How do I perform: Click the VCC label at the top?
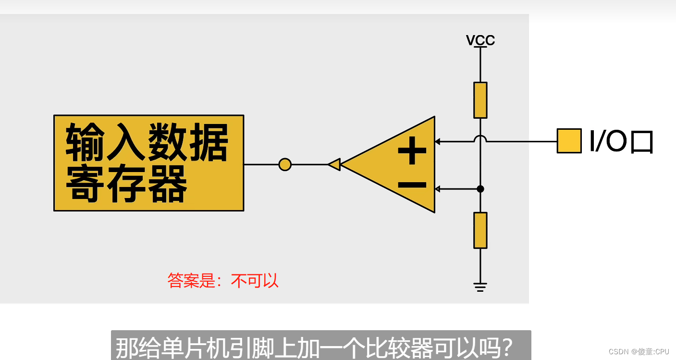pyautogui.click(x=480, y=40)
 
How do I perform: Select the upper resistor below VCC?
pyautogui.click(x=480, y=100)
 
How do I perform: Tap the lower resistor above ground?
pyautogui.click(x=480, y=230)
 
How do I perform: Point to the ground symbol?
pyautogui.click(x=480, y=287)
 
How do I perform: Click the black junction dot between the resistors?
pyautogui.click(x=480, y=189)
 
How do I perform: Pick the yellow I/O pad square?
pyautogui.click(x=569, y=141)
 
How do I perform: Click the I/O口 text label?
pyautogui.click(x=621, y=141)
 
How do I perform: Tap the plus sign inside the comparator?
pyautogui.click(x=412, y=151)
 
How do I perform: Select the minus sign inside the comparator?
pyautogui.click(x=412, y=185)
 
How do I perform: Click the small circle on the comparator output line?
pyautogui.click(x=285, y=164)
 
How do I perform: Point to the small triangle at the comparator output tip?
pyautogui.click(x=334, y=164)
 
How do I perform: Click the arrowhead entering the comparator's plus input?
pyautogui.click(x=437, y=141)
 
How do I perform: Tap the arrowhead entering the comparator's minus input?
pyautogui.click(x=437, y=189)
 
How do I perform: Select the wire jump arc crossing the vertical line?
pyautogui.click(x=480, y=139)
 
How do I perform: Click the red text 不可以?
pyautogui.click(x=255, y=280)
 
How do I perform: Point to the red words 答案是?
pyautogui.click(x=191, y=280)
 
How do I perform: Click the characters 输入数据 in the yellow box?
pyautogui.click(x=147, y=142)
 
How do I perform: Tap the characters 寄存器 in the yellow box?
pyautogui.click(x=126, y=184)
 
